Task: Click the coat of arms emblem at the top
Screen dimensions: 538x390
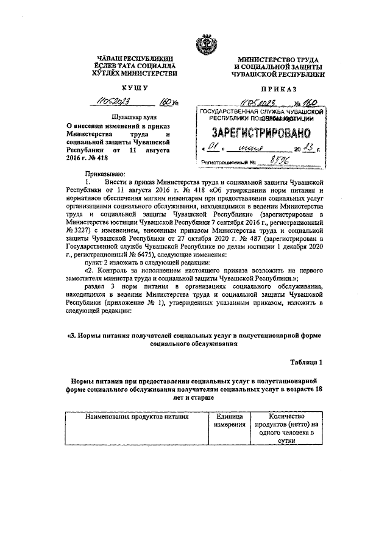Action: click(x=202, y=44)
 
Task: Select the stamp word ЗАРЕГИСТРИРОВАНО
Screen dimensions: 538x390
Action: click(x=261, y=133)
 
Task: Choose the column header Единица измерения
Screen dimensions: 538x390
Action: click(x=229, y=420)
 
